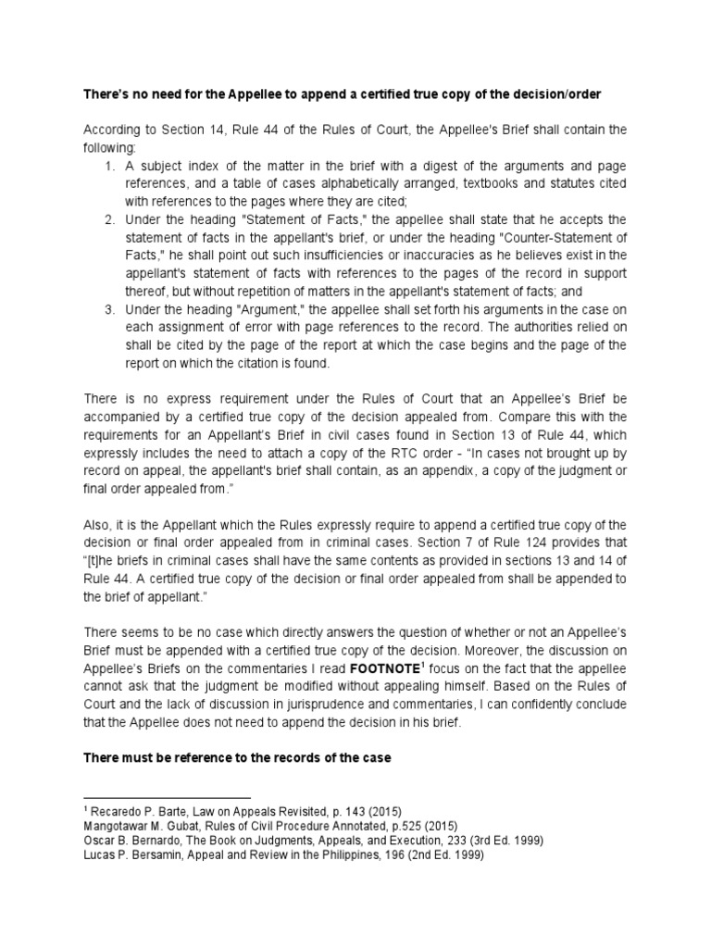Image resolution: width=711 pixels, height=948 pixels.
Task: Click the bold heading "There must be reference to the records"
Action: pyautogui.click(x=238, y=757)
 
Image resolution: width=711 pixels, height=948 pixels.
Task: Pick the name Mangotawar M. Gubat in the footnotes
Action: pyautogui.click(x=150, y=826)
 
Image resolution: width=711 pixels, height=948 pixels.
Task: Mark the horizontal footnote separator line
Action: pyautogui.click(x=167, y=796)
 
